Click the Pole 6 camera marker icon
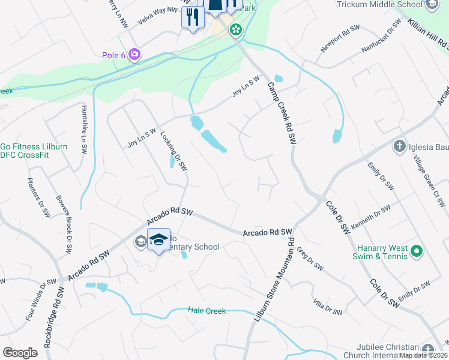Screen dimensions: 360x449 click(x=134, y=55)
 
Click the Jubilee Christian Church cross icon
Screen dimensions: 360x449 click(x=427, y=349)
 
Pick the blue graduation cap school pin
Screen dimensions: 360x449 click(x=158, y=239)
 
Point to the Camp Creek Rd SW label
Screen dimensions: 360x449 click(x=282, y=112)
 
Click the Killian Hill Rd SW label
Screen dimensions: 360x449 click(x=427, y=32)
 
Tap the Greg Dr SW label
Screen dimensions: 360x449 click(x=310, y=258)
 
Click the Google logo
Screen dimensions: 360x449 click(x=20, y=353)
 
